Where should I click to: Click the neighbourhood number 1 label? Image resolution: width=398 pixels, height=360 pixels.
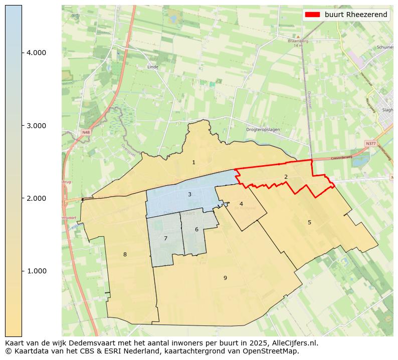(x=193, y=163)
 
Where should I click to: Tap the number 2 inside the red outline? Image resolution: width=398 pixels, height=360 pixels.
(x=286, y=177)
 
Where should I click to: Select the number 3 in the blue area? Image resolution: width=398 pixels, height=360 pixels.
(x=189, y=195)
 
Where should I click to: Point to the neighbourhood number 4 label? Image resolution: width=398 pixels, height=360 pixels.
(x=241, y=204)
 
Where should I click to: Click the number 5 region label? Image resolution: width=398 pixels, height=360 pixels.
(x=309, y=223)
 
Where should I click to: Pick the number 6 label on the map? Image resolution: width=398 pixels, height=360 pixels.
(x=196, y=230)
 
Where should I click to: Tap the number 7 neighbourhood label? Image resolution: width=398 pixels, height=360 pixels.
(x=165, y=239)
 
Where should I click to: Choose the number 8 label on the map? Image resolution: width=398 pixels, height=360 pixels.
(x=125, y=255)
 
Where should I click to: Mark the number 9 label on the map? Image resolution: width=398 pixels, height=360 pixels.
(x=225, y=278)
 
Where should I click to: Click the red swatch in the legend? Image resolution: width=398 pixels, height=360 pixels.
(x=312, y=15)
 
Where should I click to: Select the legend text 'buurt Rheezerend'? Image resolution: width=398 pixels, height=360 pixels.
(x=356, y=15)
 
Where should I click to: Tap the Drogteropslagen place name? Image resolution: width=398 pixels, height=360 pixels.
(x=263, y=130)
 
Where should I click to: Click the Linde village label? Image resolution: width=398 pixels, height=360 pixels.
(x=153, y=67)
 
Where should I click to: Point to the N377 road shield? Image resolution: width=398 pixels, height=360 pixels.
(x=370, y=144)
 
